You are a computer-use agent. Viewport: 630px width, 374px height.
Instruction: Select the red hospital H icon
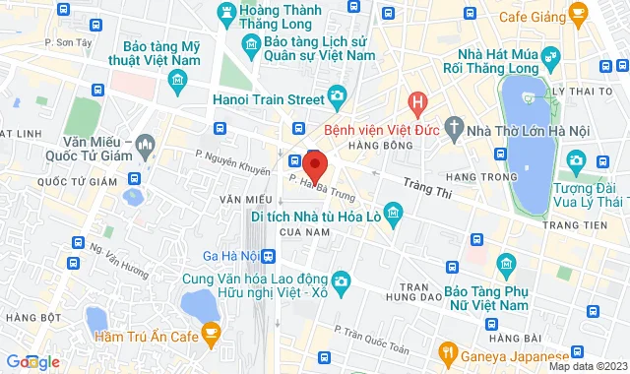pos(418,101)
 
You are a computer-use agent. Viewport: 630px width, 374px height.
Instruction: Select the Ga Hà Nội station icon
pos(269,256)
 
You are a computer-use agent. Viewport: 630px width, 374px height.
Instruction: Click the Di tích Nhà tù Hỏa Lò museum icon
pos(394,213)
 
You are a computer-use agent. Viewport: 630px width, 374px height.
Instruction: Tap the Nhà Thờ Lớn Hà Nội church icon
pos(453,127)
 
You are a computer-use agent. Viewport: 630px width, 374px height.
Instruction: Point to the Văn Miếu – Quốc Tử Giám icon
pos(146,146)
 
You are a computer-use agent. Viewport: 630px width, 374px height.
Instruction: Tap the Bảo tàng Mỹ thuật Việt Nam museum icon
pos(177,79)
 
